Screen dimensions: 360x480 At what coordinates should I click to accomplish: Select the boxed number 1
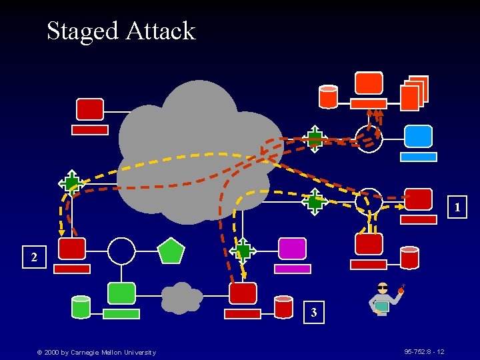[x=457, y=208]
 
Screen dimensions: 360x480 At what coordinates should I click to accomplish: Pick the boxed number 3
[x=313, y=312]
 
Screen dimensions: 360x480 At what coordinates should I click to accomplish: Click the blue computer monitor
[x=419, y=137]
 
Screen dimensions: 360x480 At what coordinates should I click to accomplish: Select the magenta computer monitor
[x=292, y=249]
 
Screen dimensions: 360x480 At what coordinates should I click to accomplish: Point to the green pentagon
[x=171, y=251]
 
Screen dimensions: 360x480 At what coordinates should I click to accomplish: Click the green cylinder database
[x=81, y=307]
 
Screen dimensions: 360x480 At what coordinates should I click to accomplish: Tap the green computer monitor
[x=121, y=293]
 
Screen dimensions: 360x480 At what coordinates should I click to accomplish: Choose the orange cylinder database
[x=328, y=97]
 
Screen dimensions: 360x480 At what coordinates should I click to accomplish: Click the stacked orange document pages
[x=414, y=93]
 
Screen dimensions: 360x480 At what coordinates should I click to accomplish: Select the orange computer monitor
[x=369, y=83]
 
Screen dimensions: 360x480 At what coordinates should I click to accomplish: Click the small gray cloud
[x=181, y=298]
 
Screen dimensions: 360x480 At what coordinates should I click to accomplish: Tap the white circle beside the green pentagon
[x=121, y=251]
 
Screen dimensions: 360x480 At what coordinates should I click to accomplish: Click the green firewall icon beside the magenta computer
[x=243, y=251]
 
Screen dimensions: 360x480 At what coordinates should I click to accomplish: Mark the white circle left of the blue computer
[x=369, y=139]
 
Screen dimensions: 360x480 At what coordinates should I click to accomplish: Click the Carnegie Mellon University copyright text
[x=96, y=352]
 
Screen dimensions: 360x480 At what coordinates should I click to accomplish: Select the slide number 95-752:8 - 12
[x=424, y=351]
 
